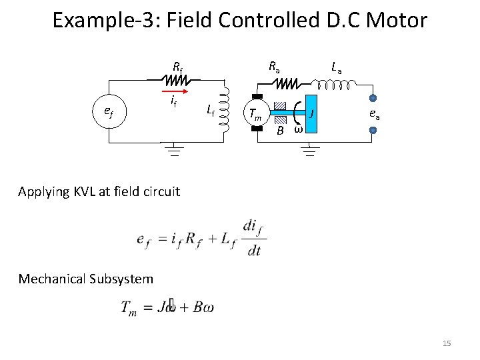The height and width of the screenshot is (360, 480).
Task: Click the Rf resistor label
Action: [177, 67]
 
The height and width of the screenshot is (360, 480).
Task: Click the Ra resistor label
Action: [274, 67]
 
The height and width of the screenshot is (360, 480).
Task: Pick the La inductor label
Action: [337, 67]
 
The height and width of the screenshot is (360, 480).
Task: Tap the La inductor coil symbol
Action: [337, 85]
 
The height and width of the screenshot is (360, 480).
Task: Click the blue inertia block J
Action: [311, 113]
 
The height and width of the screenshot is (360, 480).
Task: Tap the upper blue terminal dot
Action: [373, 97]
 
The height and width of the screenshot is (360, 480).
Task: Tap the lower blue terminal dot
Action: [373, 130]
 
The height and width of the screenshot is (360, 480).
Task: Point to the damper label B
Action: [280, 131]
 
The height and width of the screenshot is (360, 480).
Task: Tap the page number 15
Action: [447, 343]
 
